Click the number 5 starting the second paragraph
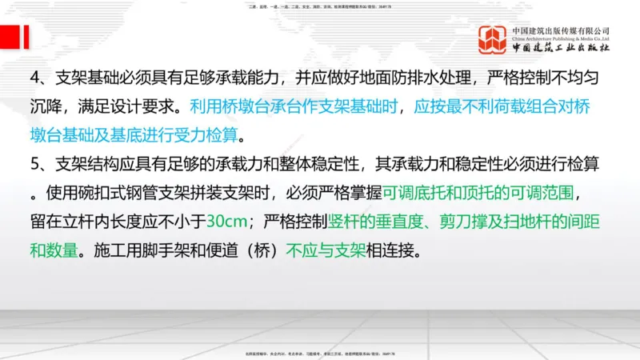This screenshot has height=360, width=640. [x=35, y=163]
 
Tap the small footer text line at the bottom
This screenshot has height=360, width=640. [x=320, y=353]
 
